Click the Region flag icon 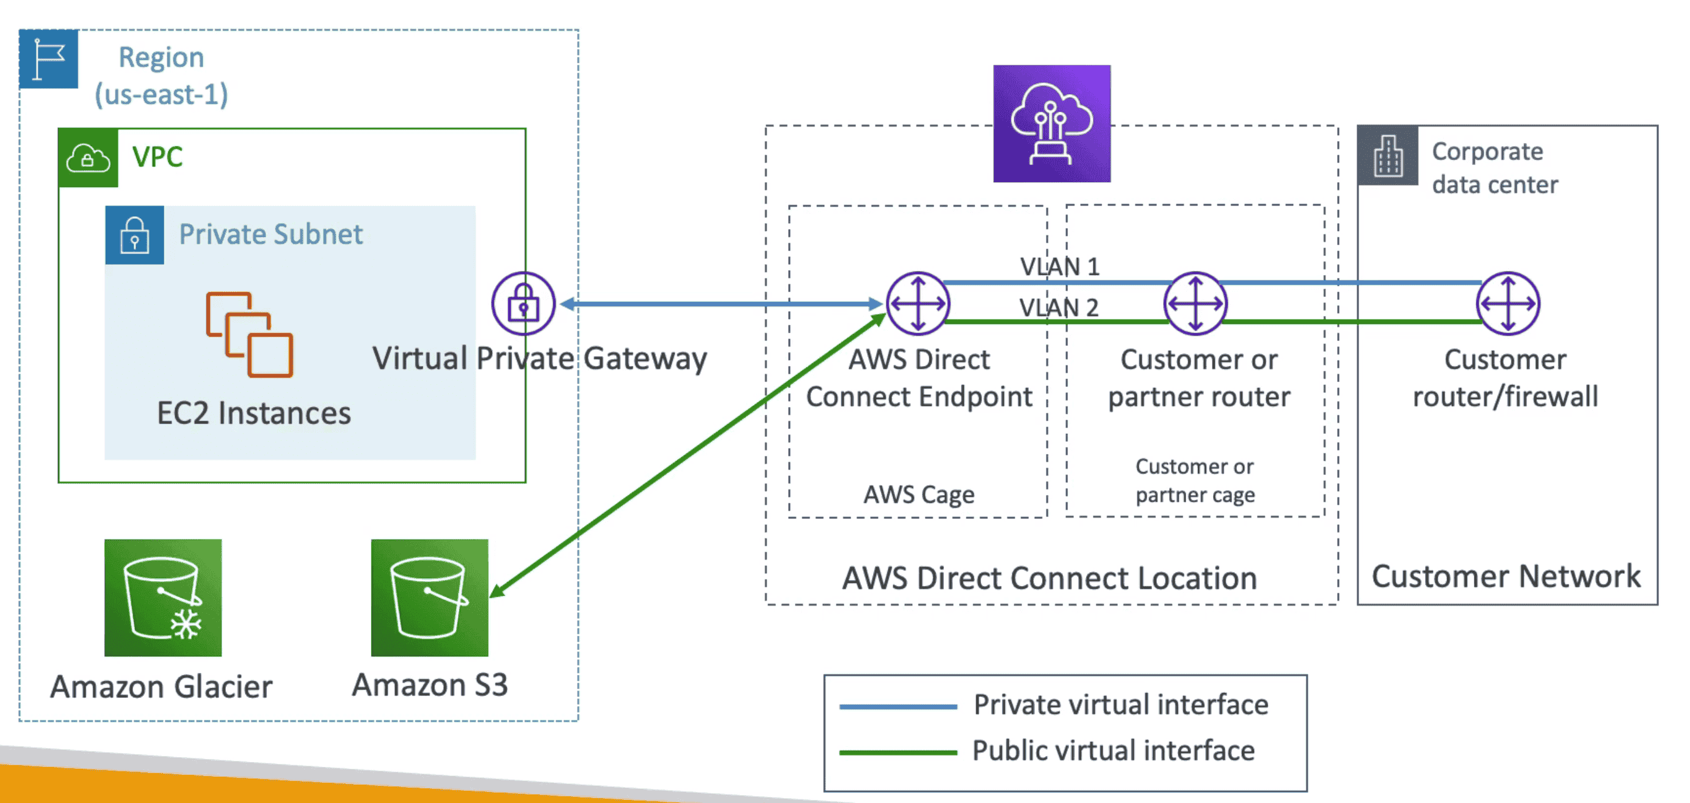pyautogui.click(x=49, y=59)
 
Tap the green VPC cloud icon pyautogui.click(x=88, y=158)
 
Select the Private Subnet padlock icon pyautogui.click(x=134, y=235)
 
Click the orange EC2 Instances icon pyautogui.click(x=249, y=334)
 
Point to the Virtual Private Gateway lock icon pyautogui.click(x=523, y=304)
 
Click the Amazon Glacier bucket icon pyautogui.click(x=162, y=598)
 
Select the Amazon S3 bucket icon pyautogui.click(x=429, y=598)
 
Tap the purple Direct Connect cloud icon pyautogui.click(x=1051, y=123)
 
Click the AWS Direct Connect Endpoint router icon pyautogui.click(x=917, y=304)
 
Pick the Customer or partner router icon pyautogui.click(x=1195, y=304)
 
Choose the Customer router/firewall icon pyautogui.click(x=1507, y=304)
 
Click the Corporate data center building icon pyautogui.click(x=1388, y=156)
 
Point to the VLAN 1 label pyautogui.click(x=1059, y=266)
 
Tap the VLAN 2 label pyautogui.click(x=1058, y=307)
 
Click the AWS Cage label pyautogui.click(x=918, y=494)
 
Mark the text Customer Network pyautogui.click(x=1506, y=576)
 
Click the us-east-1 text pyautogui.click(x=161, y=95)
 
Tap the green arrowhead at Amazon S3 pyautogui.click(x=496, y=591)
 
